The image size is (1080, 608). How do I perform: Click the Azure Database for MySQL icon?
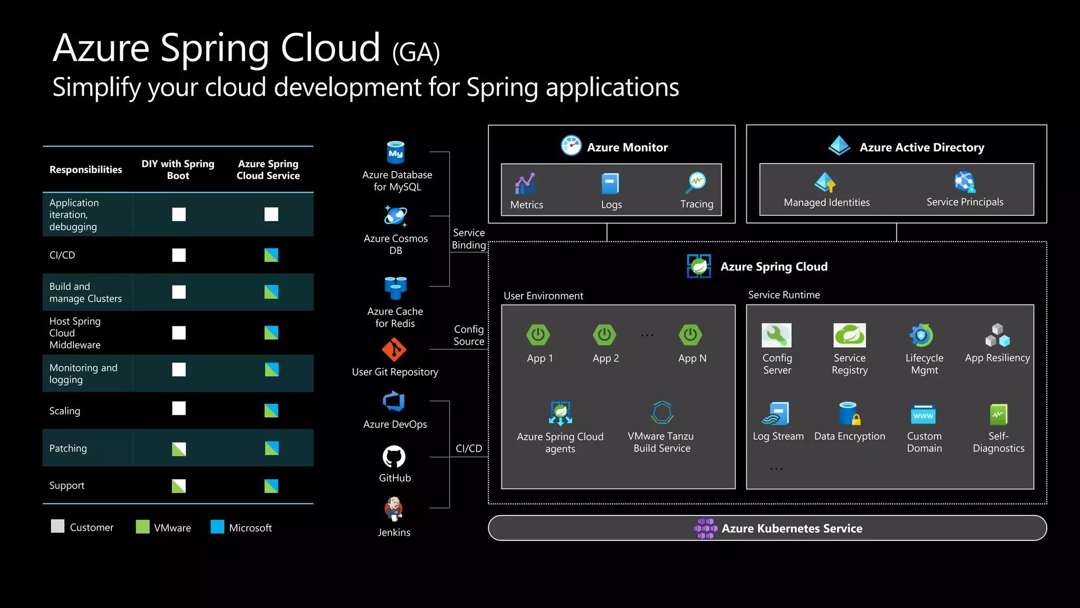[x=396, y=153]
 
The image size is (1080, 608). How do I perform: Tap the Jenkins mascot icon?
[x=393, y=509]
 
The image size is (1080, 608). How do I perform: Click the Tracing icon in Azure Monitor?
[x=697, y=183]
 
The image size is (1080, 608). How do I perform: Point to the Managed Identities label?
[x=826, y=203]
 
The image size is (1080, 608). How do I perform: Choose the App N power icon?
[x=690, y=335]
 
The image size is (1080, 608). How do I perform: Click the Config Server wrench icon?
[x=776, y=335]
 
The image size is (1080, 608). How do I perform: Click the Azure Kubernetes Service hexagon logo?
[x=706, y=528]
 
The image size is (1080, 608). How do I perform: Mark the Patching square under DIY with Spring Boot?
[x=179, y=449]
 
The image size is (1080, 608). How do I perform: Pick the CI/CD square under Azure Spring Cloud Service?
[x=271, y=255]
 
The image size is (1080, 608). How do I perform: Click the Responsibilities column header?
[x=85, y=170]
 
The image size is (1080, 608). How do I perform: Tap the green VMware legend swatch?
[x=142, y=527]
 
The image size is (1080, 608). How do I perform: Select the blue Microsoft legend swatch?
[x=217, y=527]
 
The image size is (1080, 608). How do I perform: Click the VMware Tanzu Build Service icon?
[x=662, y=413]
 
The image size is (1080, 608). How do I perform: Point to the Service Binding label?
[x=469, y=239]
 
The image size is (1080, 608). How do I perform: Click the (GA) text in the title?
[x=416, y=52]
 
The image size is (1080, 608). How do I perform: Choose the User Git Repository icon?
[x=394, y=350]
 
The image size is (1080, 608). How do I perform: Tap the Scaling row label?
[x=65, y=411]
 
